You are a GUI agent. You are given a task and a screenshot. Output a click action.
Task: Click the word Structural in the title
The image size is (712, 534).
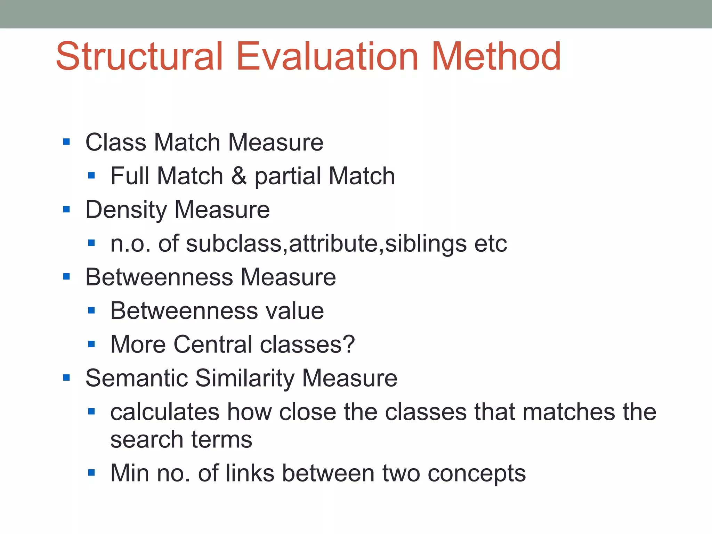(139, 56)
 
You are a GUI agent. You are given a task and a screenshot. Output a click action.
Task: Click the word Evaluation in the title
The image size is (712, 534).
(327, 56)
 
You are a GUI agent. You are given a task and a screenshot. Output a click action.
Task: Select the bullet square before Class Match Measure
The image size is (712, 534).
(66, 142)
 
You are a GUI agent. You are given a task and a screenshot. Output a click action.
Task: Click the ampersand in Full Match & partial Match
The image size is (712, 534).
(239, 176)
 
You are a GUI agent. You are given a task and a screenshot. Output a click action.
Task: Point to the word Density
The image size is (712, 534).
(126, 210)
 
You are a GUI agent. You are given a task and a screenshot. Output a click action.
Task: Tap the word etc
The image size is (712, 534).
(491, 243)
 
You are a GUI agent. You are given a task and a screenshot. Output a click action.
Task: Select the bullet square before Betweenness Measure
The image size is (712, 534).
(66, 277)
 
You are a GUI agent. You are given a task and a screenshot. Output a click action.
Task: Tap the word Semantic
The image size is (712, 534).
(136, 378)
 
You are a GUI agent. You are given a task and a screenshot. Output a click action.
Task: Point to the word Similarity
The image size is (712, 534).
(245, 378)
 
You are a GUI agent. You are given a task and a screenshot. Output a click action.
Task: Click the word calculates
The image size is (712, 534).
(165, 412)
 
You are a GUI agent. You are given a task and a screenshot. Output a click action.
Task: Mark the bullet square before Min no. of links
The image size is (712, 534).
(91, 472)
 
